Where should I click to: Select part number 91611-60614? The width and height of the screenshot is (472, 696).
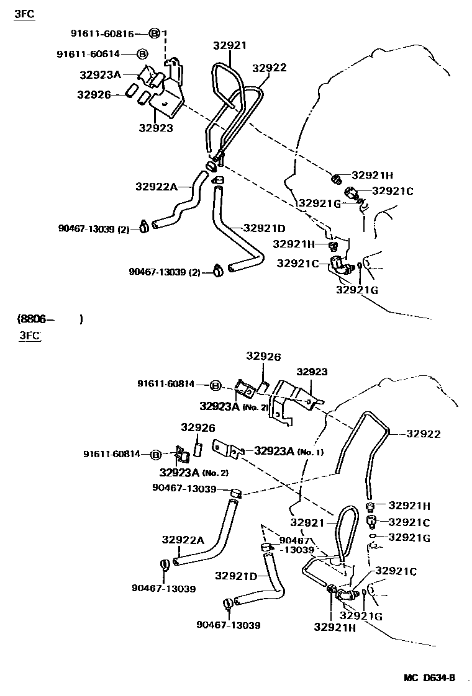pos(88,55)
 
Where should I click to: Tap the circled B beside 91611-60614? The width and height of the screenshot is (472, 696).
pos(142,55)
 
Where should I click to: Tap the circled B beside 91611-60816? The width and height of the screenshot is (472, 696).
pos(155,33)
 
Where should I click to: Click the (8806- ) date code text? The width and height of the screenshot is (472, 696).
pos(50,319)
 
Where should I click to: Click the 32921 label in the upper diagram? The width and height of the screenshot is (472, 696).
pos(230,45)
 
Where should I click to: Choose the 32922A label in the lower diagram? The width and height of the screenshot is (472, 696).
pos(183,540)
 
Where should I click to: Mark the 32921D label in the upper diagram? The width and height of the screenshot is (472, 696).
pos(264,228)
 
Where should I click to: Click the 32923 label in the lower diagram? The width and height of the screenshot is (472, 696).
pos(312,372)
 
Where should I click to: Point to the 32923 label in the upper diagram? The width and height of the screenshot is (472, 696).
pos(155,128)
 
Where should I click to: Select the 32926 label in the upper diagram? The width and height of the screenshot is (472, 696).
pos(94,95)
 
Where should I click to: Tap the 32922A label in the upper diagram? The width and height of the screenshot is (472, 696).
pos(157,186)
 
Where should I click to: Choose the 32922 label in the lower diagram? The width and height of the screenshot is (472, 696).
pos(424,434)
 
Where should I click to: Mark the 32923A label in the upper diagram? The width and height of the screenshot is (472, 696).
pos(100,75)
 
